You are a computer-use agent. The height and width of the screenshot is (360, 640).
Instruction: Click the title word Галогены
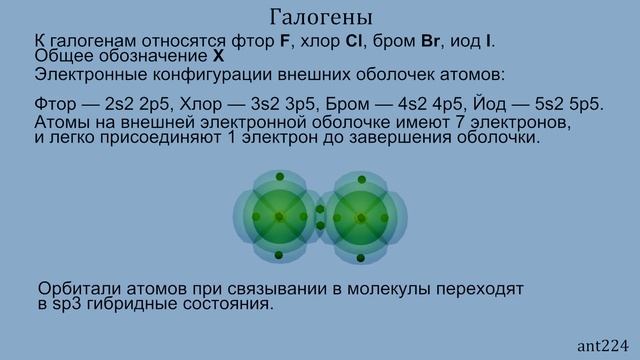pyautogui.click(x=321, y=18)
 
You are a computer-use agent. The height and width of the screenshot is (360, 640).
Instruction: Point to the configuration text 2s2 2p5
pyautogui.click(x=123, y=106)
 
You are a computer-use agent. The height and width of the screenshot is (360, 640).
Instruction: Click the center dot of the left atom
pyautogui.click(x=279, y=217)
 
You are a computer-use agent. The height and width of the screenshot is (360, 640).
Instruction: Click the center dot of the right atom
pyautogui.click(x=361, y=217)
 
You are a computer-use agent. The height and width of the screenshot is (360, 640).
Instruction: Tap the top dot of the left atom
pyautogui.click(x=279, y=177)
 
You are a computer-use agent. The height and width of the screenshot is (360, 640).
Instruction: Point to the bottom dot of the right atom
pyautogui.click(x=361, y=257)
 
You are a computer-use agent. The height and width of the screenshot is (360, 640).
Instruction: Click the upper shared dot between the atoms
pyautogui.click(x=320, y=210)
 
